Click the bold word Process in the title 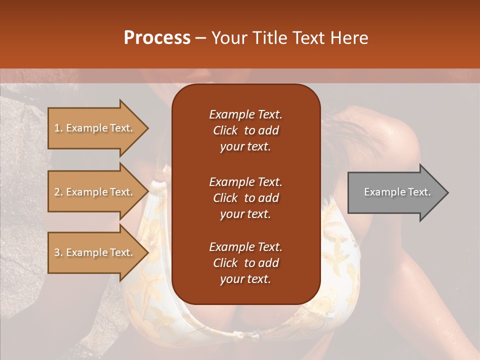pos(157,38)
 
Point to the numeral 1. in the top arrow pos(58,128)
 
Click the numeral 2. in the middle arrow pos(58,192)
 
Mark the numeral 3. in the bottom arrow pos(58,252)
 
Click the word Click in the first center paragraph pos(225,131)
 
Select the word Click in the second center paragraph pos(225,198)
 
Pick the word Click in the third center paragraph pos(225,263)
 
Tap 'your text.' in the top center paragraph pos(245,147)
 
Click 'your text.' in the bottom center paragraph pos(245,279)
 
